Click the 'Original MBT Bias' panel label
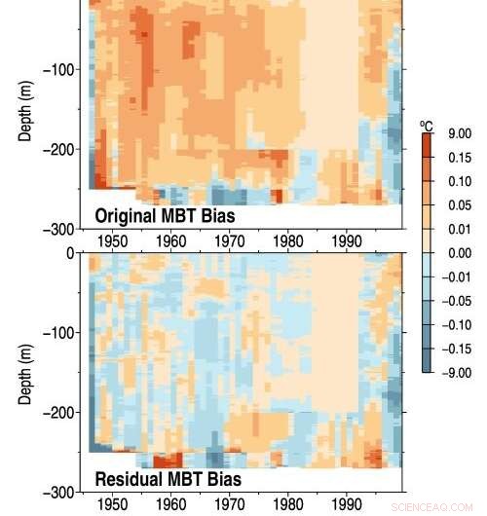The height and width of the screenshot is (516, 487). click(167, 215)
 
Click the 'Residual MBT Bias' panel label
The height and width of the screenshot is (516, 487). click(168, 480)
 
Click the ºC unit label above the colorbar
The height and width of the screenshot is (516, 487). click(427, 126)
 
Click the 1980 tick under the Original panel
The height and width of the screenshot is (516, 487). click(288, 241)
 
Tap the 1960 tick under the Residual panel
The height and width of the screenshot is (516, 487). click(170, 505)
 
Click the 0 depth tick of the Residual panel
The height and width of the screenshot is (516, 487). click(69, 253)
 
